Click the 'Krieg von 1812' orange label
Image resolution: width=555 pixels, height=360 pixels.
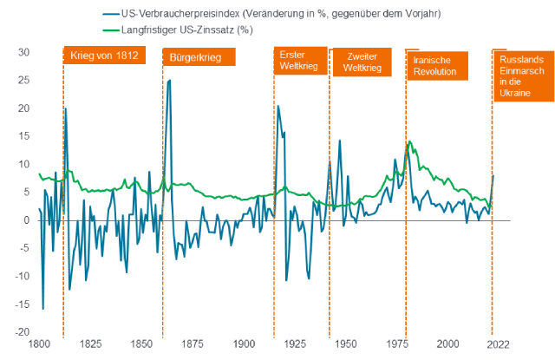point(102,57)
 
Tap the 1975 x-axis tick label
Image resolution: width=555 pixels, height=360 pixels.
point(398,344)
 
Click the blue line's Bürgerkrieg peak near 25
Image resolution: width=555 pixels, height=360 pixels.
point(169,80)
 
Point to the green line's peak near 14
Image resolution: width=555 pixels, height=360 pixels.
point(408,141)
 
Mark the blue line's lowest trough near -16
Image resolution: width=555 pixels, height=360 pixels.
point(43,309)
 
